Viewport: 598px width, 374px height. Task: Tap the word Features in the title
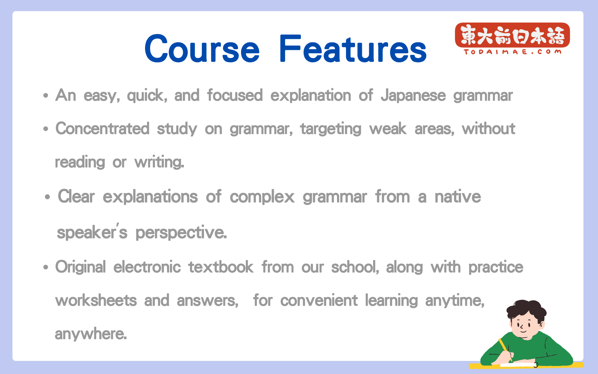[353, 48]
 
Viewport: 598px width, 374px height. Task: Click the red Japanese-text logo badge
[512, 35]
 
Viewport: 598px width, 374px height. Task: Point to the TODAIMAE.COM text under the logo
[512, 52]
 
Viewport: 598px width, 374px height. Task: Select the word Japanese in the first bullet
[413, 95]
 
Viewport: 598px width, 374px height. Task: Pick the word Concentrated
[102, 128]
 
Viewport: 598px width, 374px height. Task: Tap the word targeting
[331, 129]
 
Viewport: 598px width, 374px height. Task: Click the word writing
[159, 162]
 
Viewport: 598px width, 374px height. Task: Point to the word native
[458, 197]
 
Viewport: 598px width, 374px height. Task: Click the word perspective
[181, 233]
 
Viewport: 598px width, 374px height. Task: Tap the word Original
[80, 267]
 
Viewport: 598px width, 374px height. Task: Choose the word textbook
[221, 267]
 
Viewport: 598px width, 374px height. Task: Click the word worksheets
[96, 300]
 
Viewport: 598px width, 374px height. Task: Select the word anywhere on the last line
[91, 334]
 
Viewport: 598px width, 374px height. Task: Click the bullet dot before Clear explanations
[47, 197]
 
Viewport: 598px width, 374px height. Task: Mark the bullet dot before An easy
[46, 95]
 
